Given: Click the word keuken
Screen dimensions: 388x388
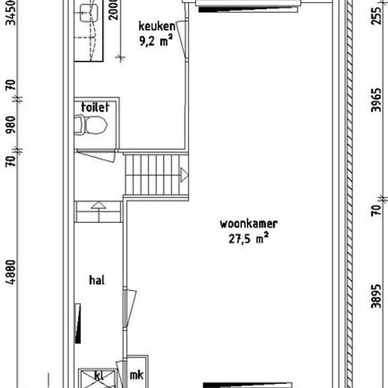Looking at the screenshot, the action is (157, 26).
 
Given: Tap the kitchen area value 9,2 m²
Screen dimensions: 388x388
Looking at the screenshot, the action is (156, 40).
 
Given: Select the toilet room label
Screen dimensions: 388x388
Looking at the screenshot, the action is (95, 107).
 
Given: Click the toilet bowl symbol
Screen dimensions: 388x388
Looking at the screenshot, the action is (91, 124).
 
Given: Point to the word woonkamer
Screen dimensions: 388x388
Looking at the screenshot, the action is (249, 224).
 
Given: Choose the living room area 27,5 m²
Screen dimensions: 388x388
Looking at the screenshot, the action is (248, 238).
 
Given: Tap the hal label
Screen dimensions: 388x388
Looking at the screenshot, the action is (97, 280).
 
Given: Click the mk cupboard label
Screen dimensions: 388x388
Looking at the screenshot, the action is (137, 375).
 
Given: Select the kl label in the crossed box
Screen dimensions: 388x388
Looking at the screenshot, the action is (99, 376).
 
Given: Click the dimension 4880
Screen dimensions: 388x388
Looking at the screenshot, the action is (11, 272).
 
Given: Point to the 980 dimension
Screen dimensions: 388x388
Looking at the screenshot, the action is (11, 124).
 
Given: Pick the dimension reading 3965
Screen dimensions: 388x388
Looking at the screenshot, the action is (377, 100).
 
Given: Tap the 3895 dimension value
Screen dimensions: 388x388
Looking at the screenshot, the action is (377, 296).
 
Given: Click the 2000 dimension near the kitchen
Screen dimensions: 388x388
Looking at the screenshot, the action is (114, 10).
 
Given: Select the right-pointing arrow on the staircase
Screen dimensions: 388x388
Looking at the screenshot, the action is (184, 175).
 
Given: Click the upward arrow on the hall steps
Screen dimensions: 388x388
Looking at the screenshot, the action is (99, 205).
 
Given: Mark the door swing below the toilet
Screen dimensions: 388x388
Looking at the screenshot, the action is (95, 156).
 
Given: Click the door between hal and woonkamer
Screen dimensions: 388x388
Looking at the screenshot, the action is (129, 309).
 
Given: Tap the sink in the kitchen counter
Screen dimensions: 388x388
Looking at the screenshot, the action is (88, 13).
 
